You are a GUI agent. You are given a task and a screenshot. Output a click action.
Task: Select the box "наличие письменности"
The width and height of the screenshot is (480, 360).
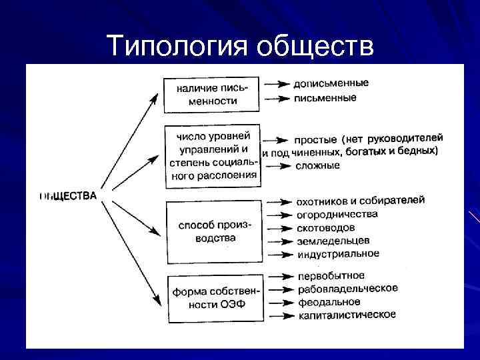211,94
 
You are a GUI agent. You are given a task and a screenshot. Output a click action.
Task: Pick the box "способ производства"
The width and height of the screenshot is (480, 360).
211,231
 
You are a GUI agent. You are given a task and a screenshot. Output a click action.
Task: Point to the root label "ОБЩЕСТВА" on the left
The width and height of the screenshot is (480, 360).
68,196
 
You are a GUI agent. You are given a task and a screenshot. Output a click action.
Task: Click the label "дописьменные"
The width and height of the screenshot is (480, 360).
331,84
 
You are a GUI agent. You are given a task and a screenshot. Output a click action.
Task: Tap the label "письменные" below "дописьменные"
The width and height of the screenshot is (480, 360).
325,98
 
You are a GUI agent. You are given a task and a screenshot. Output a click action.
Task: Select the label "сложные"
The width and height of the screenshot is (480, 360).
317,165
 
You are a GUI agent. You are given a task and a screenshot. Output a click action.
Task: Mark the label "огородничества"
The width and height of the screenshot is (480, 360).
337,214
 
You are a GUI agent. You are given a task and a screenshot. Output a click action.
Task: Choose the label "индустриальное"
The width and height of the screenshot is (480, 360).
338,254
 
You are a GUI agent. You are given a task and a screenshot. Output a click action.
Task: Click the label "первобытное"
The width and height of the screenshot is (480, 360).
331,275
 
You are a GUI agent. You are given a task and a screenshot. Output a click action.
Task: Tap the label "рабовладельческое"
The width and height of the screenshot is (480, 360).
348,289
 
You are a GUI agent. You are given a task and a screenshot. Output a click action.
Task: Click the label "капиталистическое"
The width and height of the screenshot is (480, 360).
347,315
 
